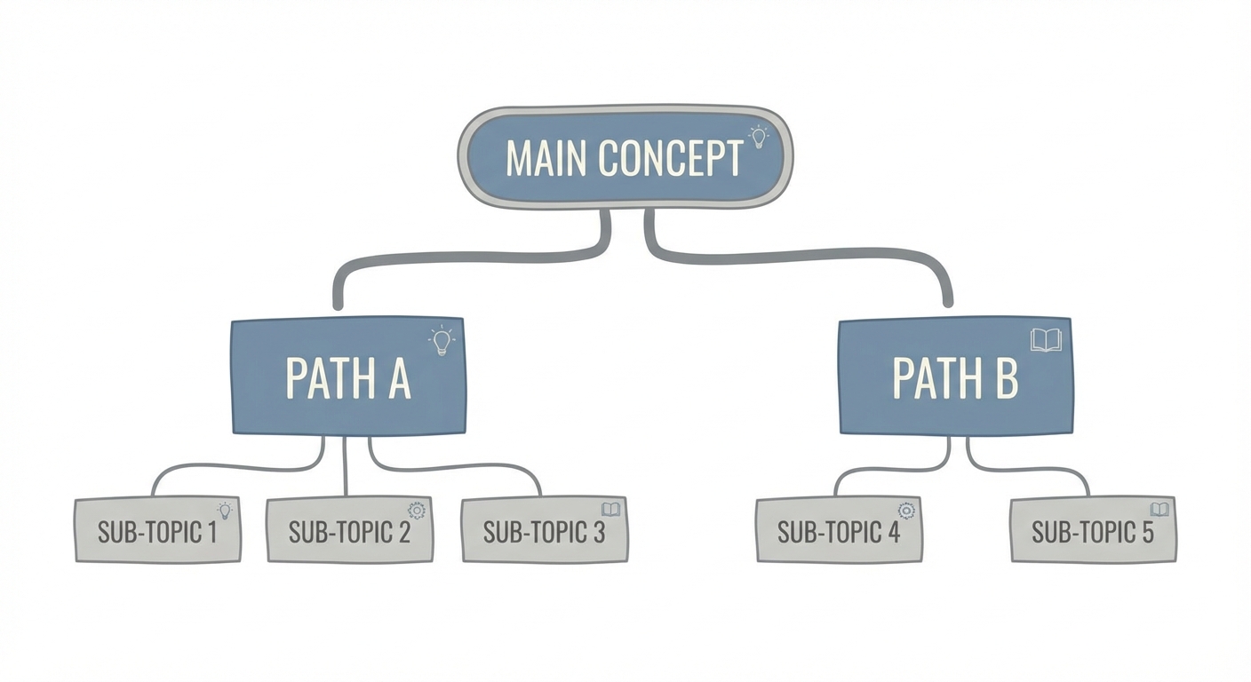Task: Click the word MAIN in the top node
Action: tap(546, 158)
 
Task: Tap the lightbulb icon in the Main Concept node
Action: tap(758, 136)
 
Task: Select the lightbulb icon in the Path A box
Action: tap(441, 341)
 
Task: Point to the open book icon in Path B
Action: tap(1046, 340)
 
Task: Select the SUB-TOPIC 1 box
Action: tap(157, 530)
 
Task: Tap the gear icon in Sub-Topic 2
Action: tap(416, 510)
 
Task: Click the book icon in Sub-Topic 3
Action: tap(610, 510)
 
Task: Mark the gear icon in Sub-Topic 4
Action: tap(906, 510)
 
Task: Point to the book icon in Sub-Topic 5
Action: tap(1159, 510)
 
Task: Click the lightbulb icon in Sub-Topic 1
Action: tap(224, 510)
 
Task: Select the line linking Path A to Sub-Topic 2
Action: tap(345, 466)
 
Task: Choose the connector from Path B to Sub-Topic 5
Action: tap(1031, 469)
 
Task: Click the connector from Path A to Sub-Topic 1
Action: tap(231, 466)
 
